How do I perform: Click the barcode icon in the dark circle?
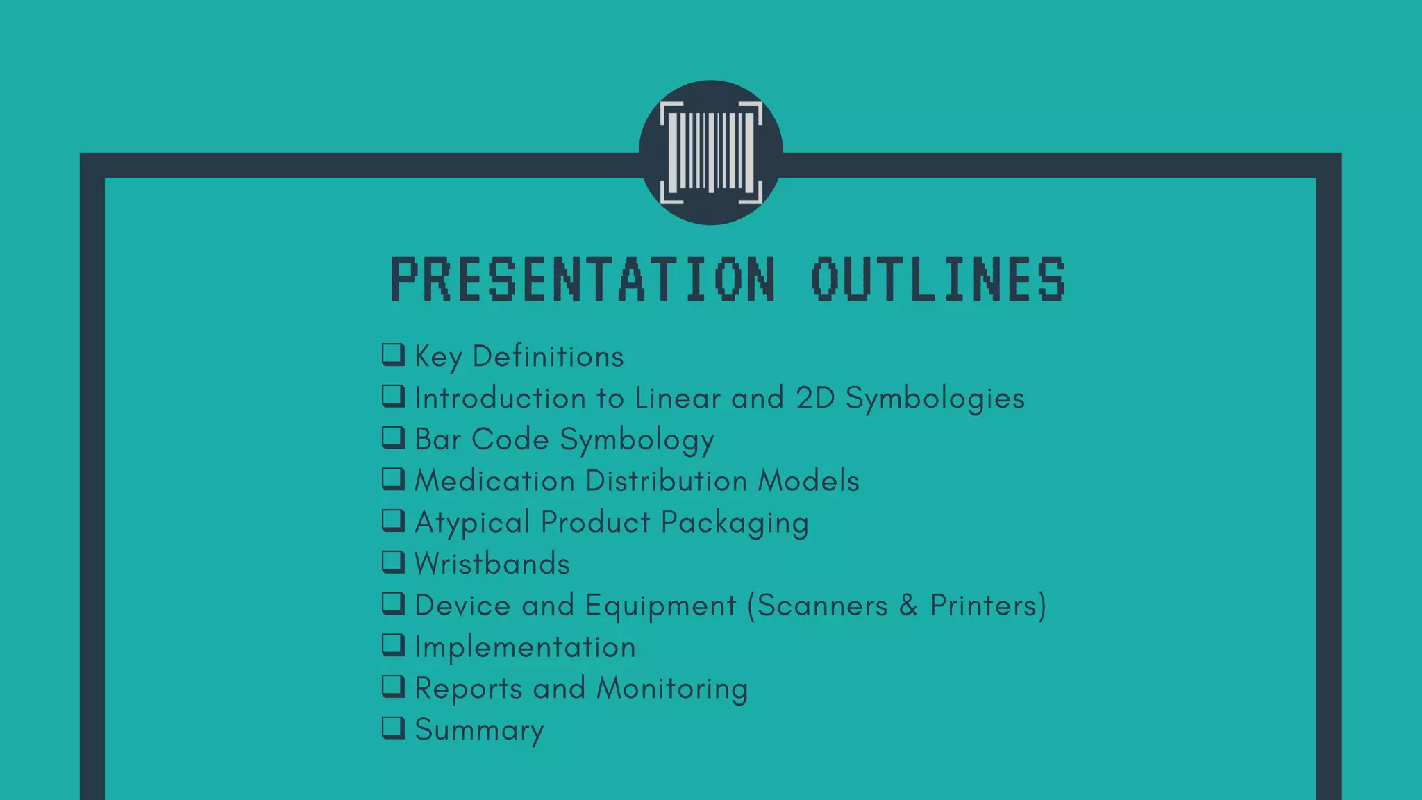tap(710, 152)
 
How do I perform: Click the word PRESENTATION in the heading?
tap(583, 279)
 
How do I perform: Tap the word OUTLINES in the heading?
tap(938, 279)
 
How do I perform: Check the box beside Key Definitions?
tap(393, 354)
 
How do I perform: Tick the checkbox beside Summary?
tap(393, 727)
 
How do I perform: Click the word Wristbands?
tap(492, 563)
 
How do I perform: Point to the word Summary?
tap(479, 730)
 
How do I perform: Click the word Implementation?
tap(525, 647)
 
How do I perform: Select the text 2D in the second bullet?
tap(815, 398)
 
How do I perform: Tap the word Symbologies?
tap(935, 399)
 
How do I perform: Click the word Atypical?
tap(472, 523)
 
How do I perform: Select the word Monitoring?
tap(672, 689)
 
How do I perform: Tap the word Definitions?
tap(548, 356)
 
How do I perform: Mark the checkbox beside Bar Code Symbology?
tap(393, 437)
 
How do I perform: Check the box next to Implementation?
tap(393, 644)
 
